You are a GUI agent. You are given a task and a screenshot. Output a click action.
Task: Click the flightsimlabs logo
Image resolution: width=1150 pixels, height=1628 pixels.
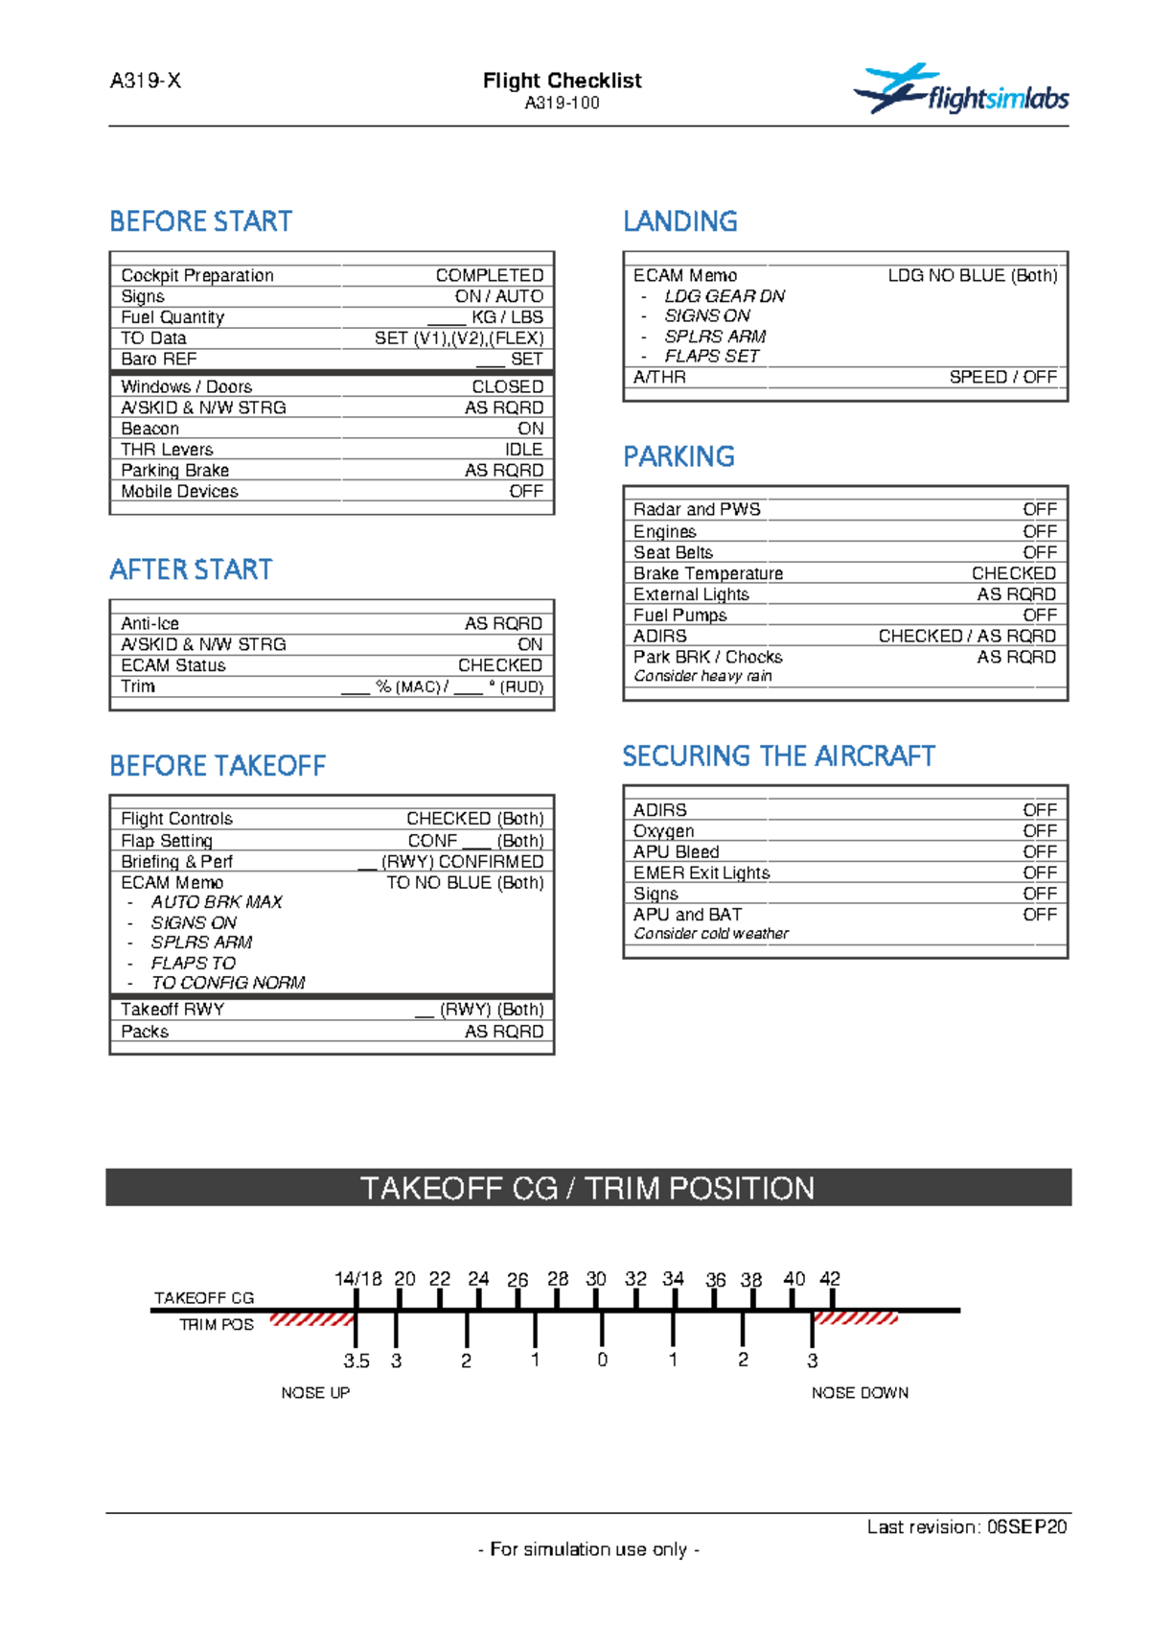[960, 91]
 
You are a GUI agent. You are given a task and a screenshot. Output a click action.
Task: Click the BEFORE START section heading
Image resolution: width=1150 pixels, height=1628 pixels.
[200, 221]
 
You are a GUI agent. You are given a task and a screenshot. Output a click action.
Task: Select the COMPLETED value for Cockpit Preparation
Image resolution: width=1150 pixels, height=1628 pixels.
[489, 275]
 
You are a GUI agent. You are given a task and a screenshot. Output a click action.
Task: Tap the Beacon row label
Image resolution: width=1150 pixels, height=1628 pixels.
[149, 429]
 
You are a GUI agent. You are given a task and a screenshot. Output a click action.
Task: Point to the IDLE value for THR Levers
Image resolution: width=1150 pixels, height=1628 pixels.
[523, 450]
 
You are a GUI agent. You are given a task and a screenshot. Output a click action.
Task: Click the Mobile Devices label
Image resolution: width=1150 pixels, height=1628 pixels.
[179, 491]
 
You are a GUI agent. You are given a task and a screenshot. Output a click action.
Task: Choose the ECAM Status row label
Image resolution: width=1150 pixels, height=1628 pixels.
[173, 665]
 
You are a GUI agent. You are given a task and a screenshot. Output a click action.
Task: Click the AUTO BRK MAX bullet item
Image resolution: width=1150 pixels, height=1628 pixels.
[217, 902]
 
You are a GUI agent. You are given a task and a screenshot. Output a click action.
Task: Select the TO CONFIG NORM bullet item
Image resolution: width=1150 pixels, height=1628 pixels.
[228, 983]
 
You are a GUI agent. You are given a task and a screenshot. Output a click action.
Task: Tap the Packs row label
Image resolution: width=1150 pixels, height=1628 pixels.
[145, 1032]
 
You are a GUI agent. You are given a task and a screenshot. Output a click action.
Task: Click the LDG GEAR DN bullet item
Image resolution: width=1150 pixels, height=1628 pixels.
[724, 296]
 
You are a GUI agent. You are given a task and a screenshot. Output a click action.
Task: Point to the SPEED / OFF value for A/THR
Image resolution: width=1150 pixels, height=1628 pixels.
[1002, 377]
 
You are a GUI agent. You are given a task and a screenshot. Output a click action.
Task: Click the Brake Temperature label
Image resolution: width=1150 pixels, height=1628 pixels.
[708, 573]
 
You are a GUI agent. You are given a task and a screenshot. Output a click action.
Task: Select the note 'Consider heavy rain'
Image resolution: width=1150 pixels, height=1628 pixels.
[702, 676]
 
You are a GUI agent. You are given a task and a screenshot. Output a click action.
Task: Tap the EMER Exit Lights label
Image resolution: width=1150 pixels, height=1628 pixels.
[701, 872]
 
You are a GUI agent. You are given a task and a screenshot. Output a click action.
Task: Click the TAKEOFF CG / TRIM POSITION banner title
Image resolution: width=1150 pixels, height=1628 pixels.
[587, 1188]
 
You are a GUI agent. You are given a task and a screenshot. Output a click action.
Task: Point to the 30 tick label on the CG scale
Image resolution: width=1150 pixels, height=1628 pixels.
[596, 1279]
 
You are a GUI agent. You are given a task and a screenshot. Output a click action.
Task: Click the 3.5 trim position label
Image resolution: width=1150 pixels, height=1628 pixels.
[356, 1361]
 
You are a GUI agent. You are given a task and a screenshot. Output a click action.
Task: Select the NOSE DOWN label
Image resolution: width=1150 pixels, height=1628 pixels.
[860, 1392]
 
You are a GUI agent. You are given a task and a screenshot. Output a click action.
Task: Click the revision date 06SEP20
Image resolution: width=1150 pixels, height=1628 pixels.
[1027, 1526]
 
